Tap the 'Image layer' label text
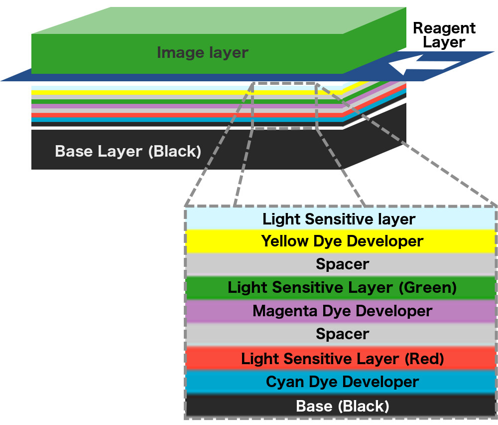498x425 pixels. pyautogui.click(x=202, y=52)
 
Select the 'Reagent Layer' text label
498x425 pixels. pyautogui.click(x=444, y=35)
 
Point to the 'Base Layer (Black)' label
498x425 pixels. pyautogui.click(x=128, y=151)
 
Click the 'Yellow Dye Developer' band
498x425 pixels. pyautogui.click(x=342, y=241)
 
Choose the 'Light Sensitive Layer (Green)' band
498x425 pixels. pyautogui.click(x=342, y=288)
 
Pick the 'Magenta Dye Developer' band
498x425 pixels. pyautogui.click(x=342, y=311)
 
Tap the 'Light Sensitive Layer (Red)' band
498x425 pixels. pyautogui.click(x=342, y=359)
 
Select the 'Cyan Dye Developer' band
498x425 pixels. pyautogui.click(x=342, y=382)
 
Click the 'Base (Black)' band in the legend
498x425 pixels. pyautogui.click(x=342, y=406)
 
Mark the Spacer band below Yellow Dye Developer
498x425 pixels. pyautogui.click(x=342, y=264)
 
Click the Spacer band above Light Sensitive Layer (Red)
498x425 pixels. pyautogui.click(x=342, y=334)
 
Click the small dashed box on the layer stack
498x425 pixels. pyautogui.click(x=284, y=105)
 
